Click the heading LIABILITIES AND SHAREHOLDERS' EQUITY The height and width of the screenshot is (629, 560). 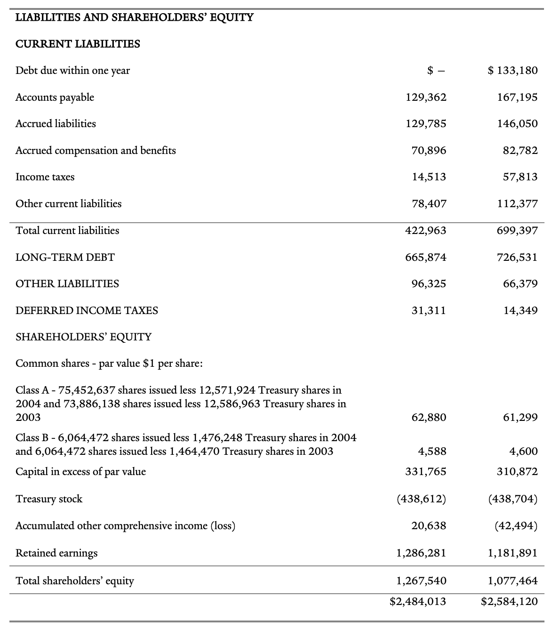click(x=134, y=18)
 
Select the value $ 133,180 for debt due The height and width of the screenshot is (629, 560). click(x=513, y=71)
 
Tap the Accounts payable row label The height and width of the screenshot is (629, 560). click(x=55, y=97)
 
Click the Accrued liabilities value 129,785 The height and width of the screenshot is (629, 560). click(x=426, y=124)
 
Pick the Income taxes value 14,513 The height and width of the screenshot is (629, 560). click(x=429, y=177)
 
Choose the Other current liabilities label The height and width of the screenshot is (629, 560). click(x=68, y=204)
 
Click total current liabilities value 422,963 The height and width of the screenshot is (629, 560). click(x=426, y=231)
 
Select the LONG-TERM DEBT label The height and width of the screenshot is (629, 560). click(x=65, y=258)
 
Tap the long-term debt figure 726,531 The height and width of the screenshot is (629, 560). click(x=517, y=258)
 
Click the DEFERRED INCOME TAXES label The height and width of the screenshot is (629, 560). click(x=87, y=311)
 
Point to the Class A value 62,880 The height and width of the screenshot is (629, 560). click(x=429, y=418)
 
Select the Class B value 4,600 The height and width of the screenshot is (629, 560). click(x=523, y=452)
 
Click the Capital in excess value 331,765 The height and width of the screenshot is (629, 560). click(x=426, y=472)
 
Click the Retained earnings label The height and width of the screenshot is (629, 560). click(x=56, y=553)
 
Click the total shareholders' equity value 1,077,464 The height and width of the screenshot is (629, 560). click(x=513, y=581)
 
